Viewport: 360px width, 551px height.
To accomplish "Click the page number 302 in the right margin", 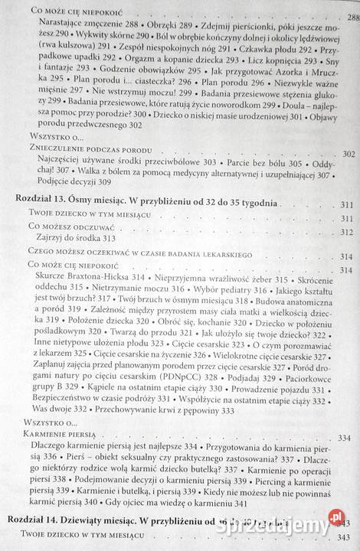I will click(x=348, y=154).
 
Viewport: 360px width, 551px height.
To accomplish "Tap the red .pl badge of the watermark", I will click(x=335, y=517).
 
